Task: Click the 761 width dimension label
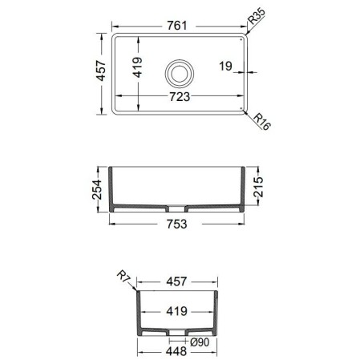(x=177, y=26)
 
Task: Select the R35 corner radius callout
(x=257, y=16)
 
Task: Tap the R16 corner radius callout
(x=262, y=122)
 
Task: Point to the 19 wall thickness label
(x=225, y=66)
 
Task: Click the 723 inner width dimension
(x=180, y=97)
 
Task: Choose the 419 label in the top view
(x=138, y=67)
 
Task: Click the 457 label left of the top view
(x=101, y=71)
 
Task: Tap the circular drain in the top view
(x=179, y=74)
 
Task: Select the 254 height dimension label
(x=97, y=189)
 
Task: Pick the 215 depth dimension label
(x=258, y=187)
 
